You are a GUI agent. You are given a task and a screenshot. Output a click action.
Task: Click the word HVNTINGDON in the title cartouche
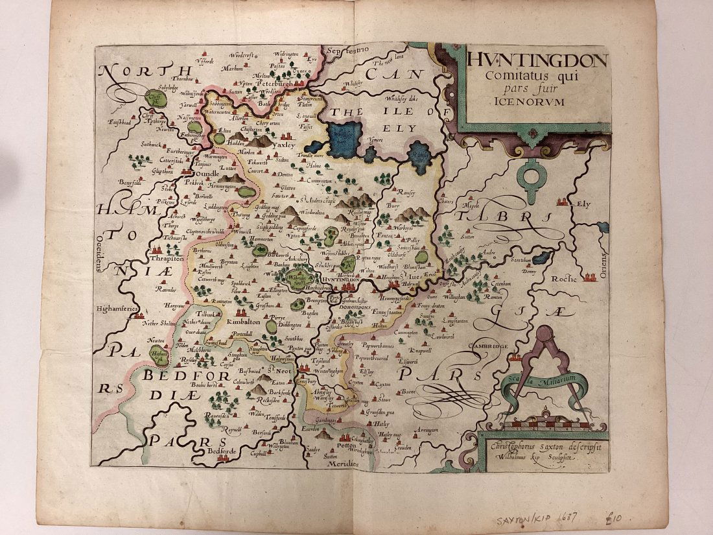point(537,62)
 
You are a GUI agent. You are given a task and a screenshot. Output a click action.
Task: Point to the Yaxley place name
point(283,147)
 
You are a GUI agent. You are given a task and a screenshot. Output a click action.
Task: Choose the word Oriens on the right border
point(603,264)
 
